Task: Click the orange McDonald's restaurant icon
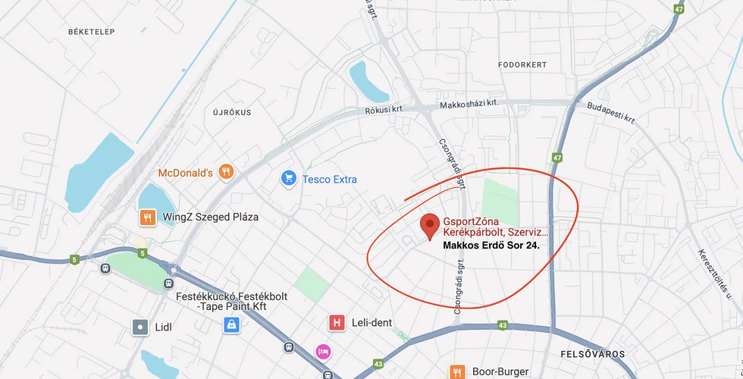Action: coord(225,172)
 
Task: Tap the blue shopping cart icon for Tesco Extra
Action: coord(288,179)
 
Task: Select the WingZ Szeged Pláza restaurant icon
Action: coord(148,218)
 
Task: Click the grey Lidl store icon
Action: coord(140,327)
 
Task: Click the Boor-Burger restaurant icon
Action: coord(457,371)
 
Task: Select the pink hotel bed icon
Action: coord(323,352)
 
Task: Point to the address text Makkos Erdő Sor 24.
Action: coord(491,246)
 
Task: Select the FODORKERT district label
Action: coord(522,65)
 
